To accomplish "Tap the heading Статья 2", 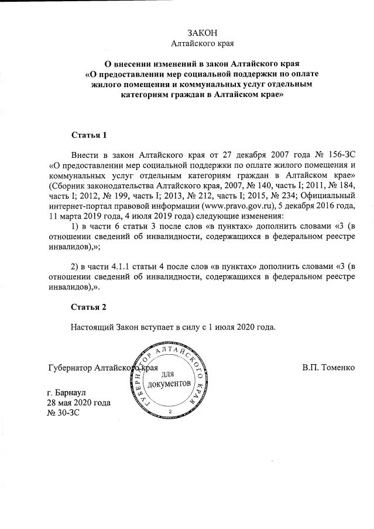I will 89,307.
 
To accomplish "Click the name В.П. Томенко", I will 328,368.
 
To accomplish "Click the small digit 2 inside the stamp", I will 169,412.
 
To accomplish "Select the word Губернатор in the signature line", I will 69,368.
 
